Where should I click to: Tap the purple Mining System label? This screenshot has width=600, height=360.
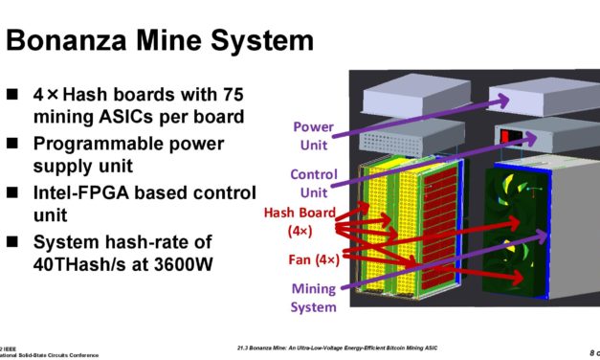(313, 297)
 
